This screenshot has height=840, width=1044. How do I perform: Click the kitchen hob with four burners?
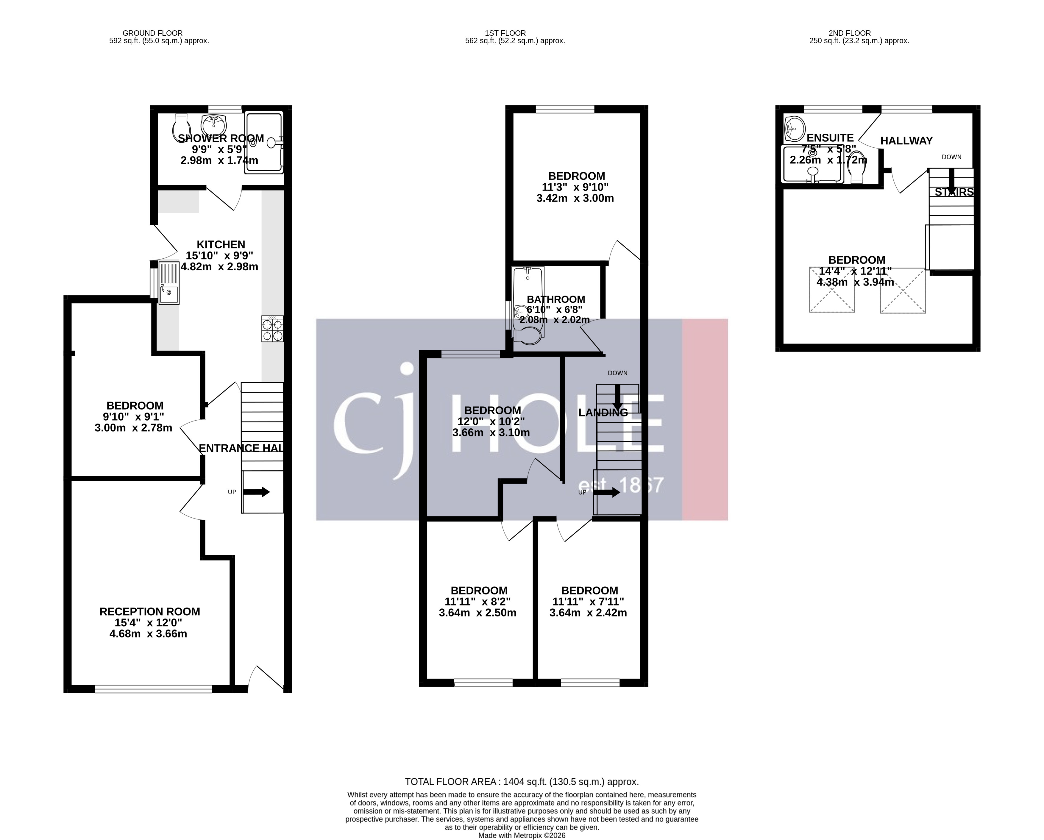[273, 329]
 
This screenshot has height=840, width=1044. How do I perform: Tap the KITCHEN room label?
[221, 244]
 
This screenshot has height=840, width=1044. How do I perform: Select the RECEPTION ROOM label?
[150, 611]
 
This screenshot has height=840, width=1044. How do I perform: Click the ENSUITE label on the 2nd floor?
[830, 138]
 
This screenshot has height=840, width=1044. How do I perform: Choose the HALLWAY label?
[906, 141]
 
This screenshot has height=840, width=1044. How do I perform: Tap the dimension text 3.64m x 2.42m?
[588, 613]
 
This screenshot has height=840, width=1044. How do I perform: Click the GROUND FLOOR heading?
[152, 33]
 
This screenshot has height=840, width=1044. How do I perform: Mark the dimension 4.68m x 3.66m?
[148, 634]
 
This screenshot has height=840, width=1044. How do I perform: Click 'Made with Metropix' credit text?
[522, 835]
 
